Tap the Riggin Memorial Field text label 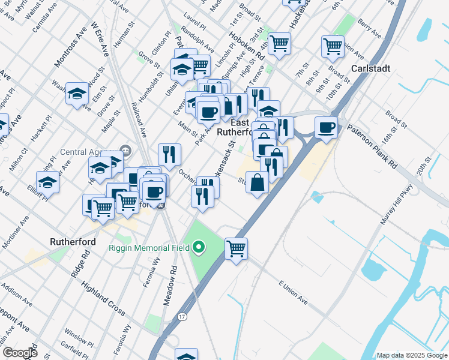pyautogui.click(x=148, y=248)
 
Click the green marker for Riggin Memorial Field pyautogui.click(x=199, y=247)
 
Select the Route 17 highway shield pyautogui.click(x=181, y=315)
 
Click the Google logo pyautogui.click(x=19, y=352)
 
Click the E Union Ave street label pyautogui.click(x=293, y=291)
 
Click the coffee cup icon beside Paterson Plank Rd pyautogui.click(x=326, y=127)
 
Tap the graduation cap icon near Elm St pyautogui.click(x=77, y=94)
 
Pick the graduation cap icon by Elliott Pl pyautogui.click(x=47, y=181)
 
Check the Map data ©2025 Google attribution pyautogui.click(x=412, y=355)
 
